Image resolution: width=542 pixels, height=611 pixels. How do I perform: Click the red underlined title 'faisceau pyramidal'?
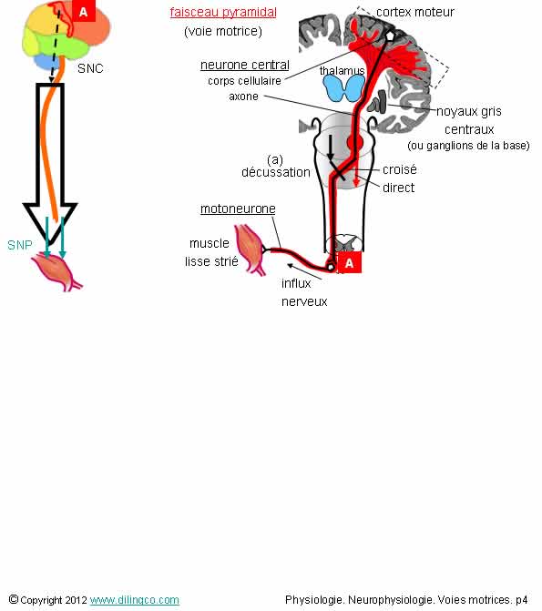click(x=223, y=12)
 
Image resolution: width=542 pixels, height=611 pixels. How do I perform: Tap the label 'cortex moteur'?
click(x=415, y=12)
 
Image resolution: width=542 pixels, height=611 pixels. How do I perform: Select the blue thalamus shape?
click(x=344, y=88)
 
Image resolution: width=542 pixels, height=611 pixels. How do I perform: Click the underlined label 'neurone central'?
click(x=245, y=65)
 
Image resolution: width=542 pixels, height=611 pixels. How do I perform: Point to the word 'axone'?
click(x=244, y=97)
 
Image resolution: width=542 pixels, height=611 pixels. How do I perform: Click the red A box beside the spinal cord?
click(x=349, y=262)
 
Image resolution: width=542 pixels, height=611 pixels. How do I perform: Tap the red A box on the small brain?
click(x=84, y=11)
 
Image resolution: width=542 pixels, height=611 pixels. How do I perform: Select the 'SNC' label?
click(x=90, y=68)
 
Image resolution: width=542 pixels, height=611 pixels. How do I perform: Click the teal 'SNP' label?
click(x=20, y=245)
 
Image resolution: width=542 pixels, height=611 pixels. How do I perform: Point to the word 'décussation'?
click(x=276, y=172)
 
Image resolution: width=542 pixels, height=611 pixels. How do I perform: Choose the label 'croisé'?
click(x=400, y=169)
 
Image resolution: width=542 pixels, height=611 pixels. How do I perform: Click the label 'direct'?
click(x=398, y=188)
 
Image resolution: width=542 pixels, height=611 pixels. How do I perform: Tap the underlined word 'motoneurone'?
click(x=238, y=209)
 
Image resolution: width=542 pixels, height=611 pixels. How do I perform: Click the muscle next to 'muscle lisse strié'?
click(x=250, y=249)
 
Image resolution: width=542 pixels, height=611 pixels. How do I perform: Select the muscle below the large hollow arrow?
click(x=56, y=271)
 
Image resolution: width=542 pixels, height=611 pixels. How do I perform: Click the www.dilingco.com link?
click(x=135, y=600)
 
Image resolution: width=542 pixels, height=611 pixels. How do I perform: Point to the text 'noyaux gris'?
click(x=469, y=111)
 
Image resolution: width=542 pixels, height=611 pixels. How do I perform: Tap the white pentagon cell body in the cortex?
click(x=389, y=36)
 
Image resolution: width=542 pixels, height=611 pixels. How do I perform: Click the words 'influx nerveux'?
click(x=304, y=292)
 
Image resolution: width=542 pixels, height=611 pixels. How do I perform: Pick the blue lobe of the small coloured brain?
click(x=46, y=62)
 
